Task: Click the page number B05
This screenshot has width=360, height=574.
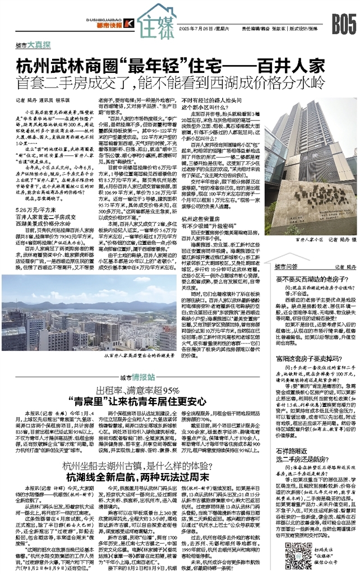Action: click(x=343, y=25)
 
